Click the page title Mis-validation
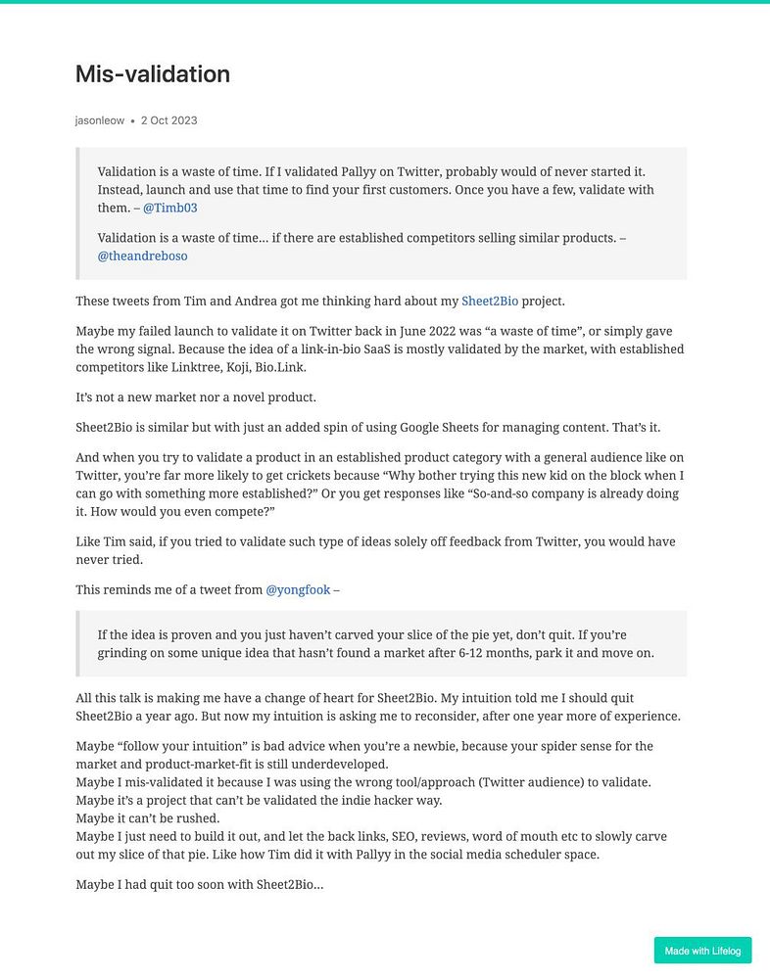[x=152, y=74]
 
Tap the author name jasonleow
[x=100, y=120]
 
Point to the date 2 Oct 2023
[x=168, y=120]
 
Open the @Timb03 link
[x=170, y=208]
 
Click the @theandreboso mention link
[x=142, y=256]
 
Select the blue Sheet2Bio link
[x=490, y=301]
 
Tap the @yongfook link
[x=298, y=589]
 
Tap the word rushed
[x=197, y=817]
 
